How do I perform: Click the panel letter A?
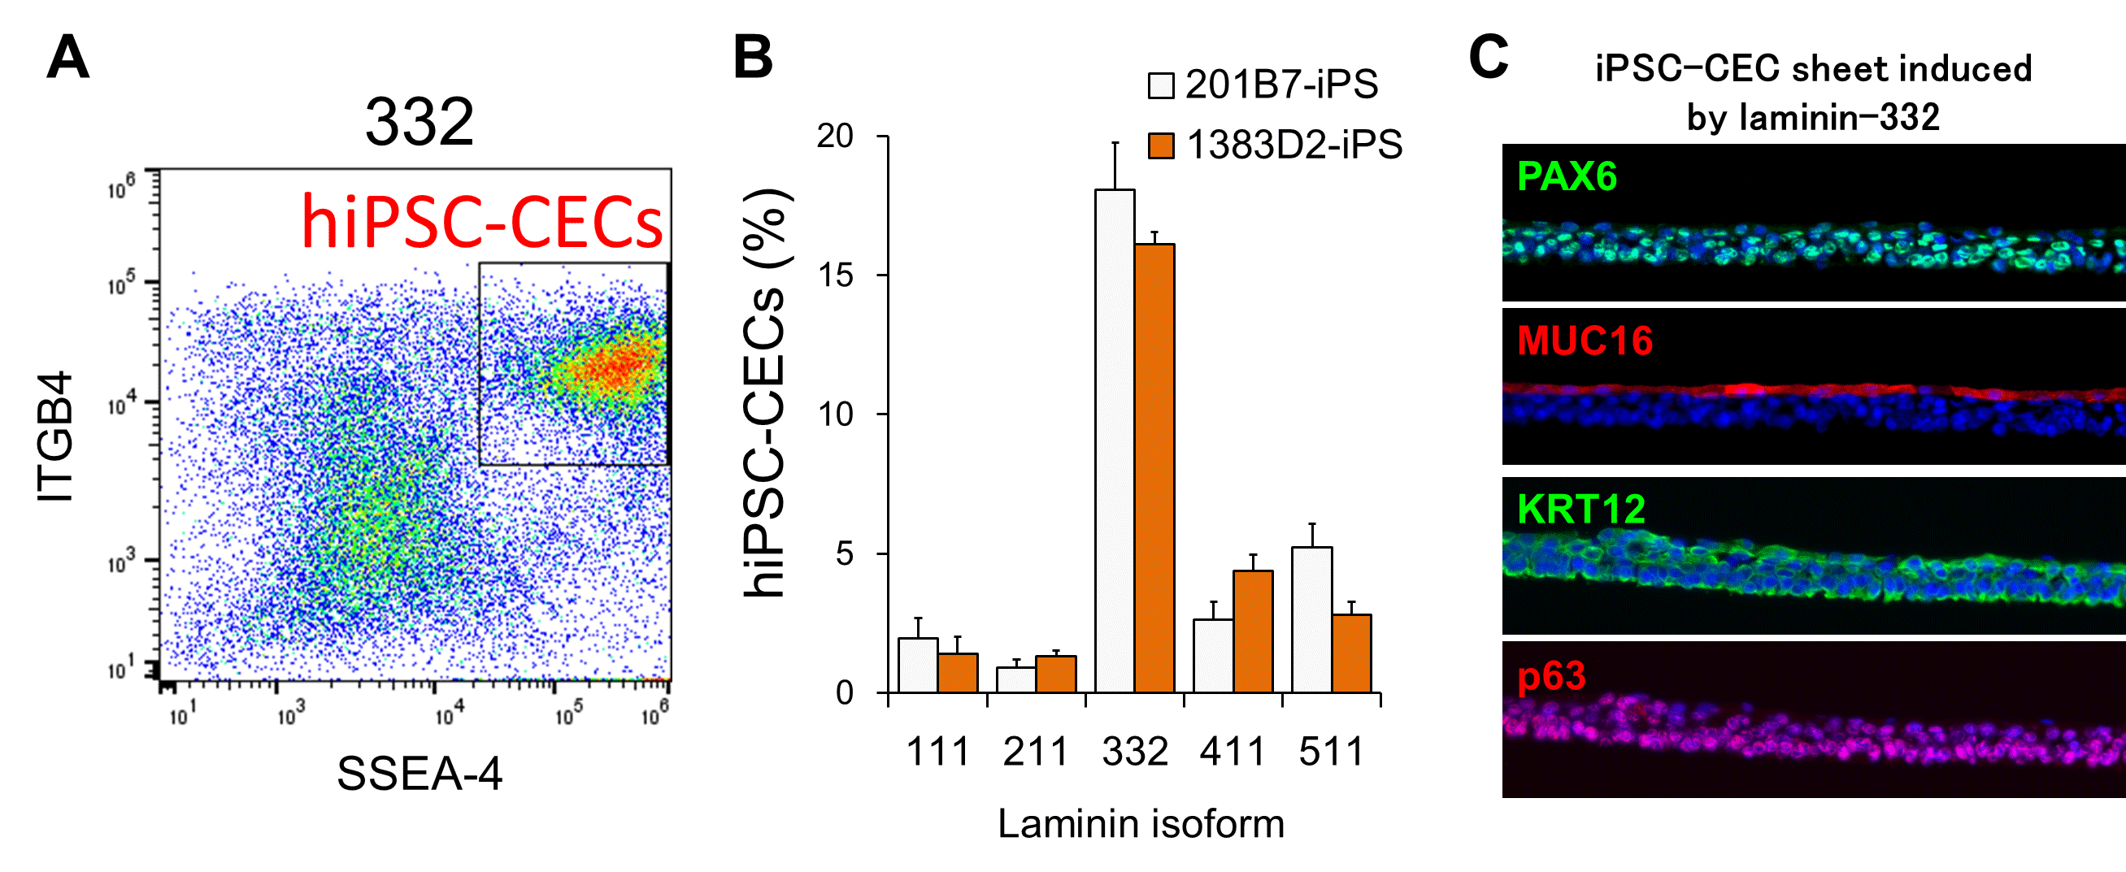tap(67, 58)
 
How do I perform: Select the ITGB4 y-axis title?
tap(55, 436)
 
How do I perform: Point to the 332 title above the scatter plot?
tap(420, 122)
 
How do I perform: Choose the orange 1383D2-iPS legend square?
tap(1160, 146)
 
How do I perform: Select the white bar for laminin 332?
tap(1114, 440)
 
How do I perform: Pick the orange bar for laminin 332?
tap(1154, 468)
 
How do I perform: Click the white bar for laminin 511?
tap(1311, 619)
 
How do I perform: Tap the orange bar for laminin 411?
tap(1252, 631)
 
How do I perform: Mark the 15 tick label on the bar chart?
tap(835, 275)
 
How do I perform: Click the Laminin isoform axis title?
tap(1141, 824)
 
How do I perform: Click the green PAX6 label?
tap(1567, 176)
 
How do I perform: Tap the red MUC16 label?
tap(1585, 341)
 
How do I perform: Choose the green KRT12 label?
tap(1580, 509)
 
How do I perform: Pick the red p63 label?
tap(1551, 676)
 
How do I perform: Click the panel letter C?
tap(1488, 58)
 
